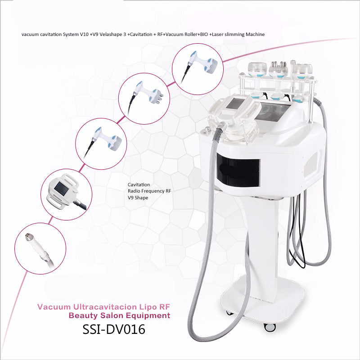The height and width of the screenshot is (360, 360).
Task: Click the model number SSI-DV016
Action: point(114,329)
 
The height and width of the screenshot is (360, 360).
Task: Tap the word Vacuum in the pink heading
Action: point(54,307)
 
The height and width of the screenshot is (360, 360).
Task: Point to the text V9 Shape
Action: point(138,198)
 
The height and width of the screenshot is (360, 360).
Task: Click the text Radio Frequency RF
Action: point(149,191)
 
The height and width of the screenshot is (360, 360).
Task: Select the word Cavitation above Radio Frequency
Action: point(139,184)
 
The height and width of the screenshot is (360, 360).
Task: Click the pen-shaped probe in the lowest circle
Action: point(40,250)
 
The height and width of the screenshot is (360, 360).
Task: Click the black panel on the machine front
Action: point(238,171)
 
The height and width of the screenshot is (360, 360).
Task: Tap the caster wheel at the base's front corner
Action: point(270,327)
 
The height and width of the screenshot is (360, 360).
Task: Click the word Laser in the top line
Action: point(217,35)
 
